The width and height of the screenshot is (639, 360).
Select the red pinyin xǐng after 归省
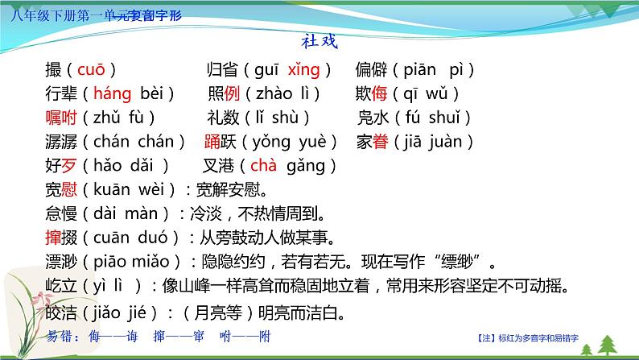pyautogui.click(x=304, y=70)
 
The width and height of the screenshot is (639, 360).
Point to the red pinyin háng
pyautogui.click(x=111, y=94)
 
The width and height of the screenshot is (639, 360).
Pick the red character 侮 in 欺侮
pyautogui.click(x=383, y=94)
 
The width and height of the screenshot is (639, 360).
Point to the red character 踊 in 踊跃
pyautogui.click(x=212, y=143)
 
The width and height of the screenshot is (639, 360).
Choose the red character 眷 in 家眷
pyautogui.click(x=382, y=143)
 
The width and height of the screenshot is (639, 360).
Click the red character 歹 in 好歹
pyautogui.click(x=73, y=167)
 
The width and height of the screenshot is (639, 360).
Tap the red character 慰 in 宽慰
pyautogui.click(x=73, y=191)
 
